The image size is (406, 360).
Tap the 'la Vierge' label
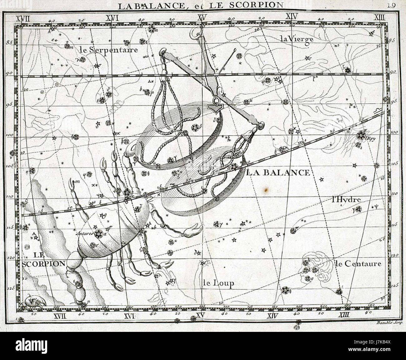point(296,39)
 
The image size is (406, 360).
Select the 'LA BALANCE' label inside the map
point(278,172)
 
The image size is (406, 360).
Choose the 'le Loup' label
point(218,283)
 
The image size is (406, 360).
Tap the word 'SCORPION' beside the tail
point(44,263)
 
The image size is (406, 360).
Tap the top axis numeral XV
point(202,18)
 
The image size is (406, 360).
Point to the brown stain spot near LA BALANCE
point(265,189)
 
